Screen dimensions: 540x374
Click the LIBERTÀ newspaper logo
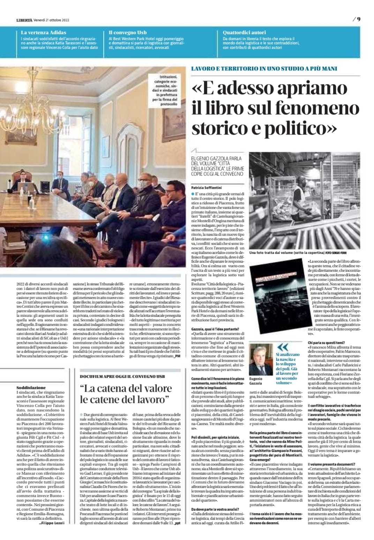pyautogui.click(x=24, y=20)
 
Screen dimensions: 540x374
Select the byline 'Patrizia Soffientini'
pyautogui.click(x=206, y=187)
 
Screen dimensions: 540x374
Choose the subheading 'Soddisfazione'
pyautogui.click(x=31, y=388)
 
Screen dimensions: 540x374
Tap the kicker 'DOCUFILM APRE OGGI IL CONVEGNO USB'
pyautogui.click(x=122, y=376)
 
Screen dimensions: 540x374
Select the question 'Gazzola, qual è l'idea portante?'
pyautogui.click(x=215, y=329)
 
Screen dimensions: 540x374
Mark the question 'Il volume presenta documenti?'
pyautogui.click(x=331, y=464)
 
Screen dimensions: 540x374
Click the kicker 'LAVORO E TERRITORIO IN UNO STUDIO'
pyautogui.click(x=264, y=68)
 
